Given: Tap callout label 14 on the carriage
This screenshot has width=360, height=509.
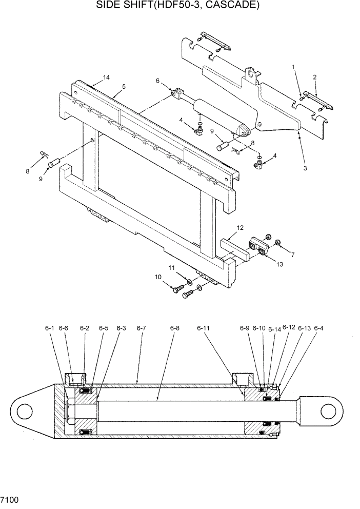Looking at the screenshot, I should click(x=106, y=77).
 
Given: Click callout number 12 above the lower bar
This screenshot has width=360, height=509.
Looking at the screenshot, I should click(x=239, y=227).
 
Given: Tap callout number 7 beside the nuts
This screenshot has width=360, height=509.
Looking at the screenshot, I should click(x=292, y=254).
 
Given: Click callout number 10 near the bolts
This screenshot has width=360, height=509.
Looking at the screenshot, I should click(x=158, y=277).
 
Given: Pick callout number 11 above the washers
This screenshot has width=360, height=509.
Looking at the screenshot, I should click(x=172, y=268).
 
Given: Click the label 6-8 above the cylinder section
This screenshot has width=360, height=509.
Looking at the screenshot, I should click(x=175, y=328).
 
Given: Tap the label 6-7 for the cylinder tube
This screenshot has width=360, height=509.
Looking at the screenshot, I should click(x=142, y=328).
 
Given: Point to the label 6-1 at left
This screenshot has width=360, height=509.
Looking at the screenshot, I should click(x=49, y=328).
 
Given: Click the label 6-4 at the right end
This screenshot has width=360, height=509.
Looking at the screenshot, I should click(x=318, y=328).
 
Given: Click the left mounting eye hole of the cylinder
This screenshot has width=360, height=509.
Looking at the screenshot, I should click(x=25, y=412).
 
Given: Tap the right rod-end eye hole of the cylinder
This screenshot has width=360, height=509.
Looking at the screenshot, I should click(x=329, y=412).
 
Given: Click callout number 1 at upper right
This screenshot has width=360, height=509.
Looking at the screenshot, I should click(x=293, y=67).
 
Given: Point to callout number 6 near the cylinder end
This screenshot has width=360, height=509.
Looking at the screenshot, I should click(x=158, y=81).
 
